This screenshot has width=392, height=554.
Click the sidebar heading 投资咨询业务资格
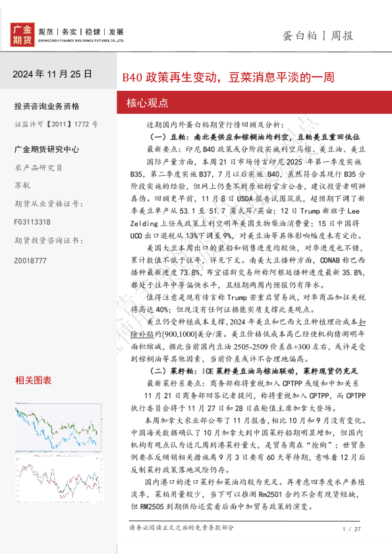(x=46, y=106)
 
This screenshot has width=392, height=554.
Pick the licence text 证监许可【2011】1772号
(x=56, y=124)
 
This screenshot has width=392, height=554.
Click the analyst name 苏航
(x=22, y=185)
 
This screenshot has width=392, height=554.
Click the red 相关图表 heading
(x=33, y=380)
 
